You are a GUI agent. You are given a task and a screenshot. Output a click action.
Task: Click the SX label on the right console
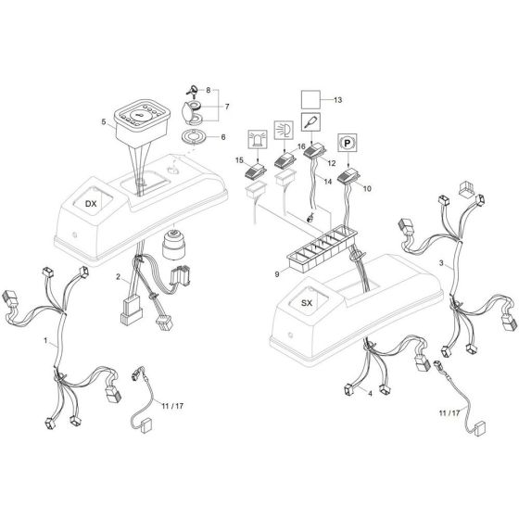[308, 304]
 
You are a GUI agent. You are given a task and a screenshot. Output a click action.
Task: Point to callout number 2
[118, 277]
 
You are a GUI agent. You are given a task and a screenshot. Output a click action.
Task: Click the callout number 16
[300, 148]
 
